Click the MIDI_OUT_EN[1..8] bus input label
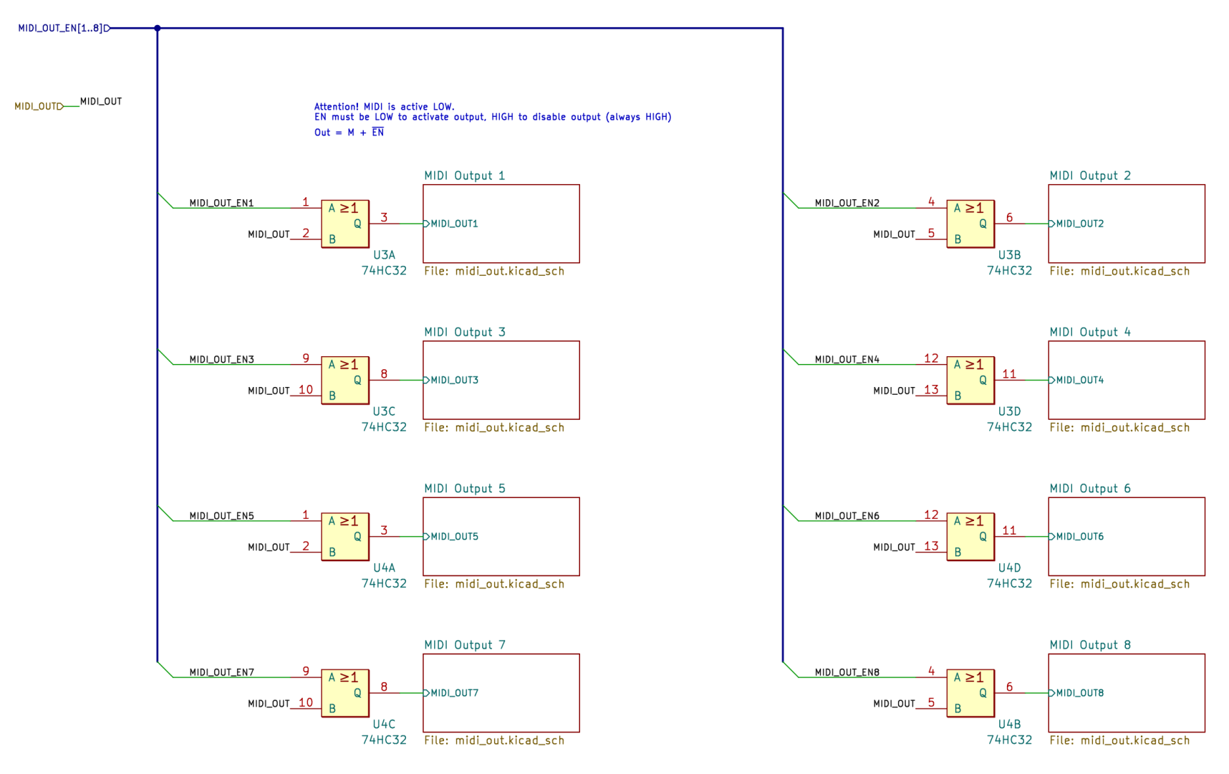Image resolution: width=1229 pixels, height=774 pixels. [61, 29]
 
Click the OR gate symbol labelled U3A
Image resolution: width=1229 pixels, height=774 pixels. [344, 224]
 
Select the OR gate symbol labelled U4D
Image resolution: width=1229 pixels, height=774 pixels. [970, 537]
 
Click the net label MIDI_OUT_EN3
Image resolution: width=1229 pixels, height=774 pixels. [221, 360]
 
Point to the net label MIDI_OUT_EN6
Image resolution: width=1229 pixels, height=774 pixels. [847, 516]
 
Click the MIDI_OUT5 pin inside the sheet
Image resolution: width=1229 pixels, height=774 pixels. [454, 537]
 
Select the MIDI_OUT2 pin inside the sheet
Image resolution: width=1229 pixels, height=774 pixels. [1079, 224]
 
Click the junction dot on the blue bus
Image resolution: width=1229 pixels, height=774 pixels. [158, 29]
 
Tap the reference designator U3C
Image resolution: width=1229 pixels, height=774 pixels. [384, 411]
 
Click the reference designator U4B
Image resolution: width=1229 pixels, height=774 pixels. [1009, 725]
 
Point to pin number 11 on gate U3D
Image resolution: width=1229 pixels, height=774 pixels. [1009, 374]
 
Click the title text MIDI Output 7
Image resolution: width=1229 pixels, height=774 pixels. [465, 645]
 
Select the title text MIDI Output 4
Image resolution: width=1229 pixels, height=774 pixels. [1090, 333]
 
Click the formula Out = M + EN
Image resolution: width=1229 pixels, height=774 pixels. [349, 133]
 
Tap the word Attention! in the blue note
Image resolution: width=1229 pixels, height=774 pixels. [336, 107]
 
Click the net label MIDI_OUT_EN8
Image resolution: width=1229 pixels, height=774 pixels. [847, 672]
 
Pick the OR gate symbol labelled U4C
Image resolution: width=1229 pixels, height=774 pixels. [344, 693]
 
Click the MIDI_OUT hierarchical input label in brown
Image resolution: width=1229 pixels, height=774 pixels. [37, 106]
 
